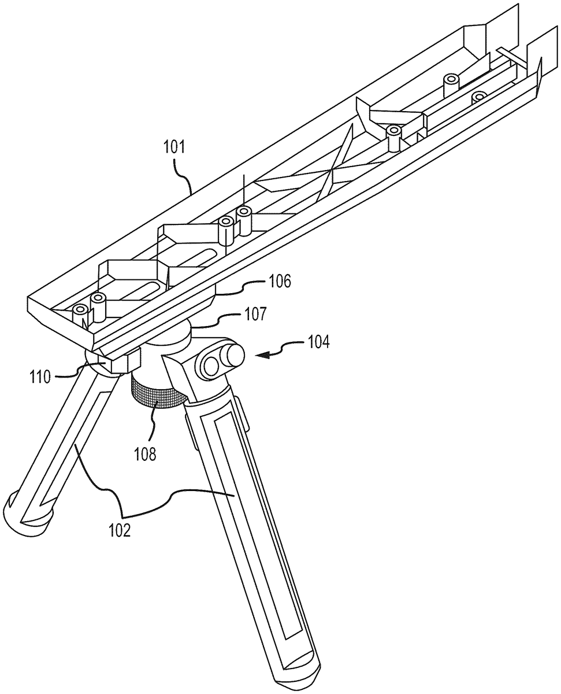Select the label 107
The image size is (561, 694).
[x=255, y=315]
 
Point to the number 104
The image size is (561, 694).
[x=318, y=342]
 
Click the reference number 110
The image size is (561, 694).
[x=40, y=378]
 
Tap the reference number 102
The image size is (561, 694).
[x=120, y=530]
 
